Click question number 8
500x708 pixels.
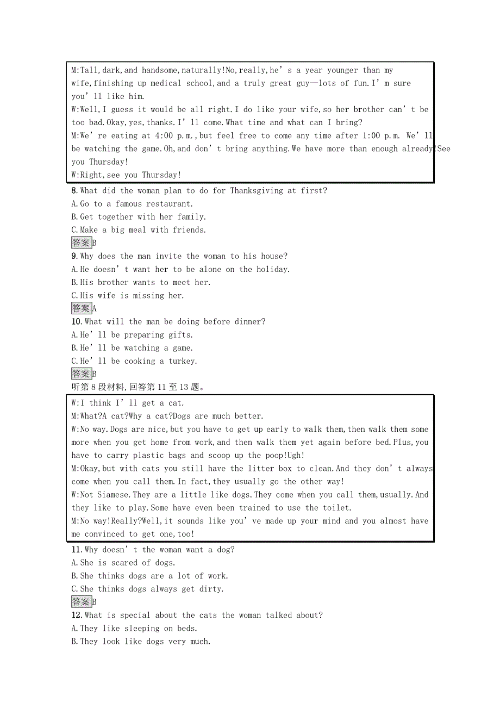pos(75,191)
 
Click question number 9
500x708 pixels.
pos(75,256)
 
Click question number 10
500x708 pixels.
pos(77,322)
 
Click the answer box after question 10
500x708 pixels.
pos(81,374)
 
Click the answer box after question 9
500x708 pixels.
pos(81,308)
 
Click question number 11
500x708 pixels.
pos(77,550)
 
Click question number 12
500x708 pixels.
pos(77,616)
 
